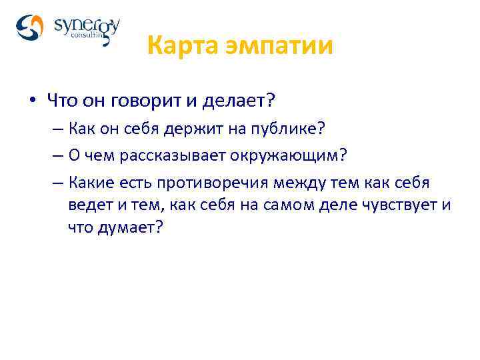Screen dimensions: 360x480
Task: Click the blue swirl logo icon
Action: [x=29, y=28]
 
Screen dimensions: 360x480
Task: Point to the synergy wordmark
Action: [x=87, y=26]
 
